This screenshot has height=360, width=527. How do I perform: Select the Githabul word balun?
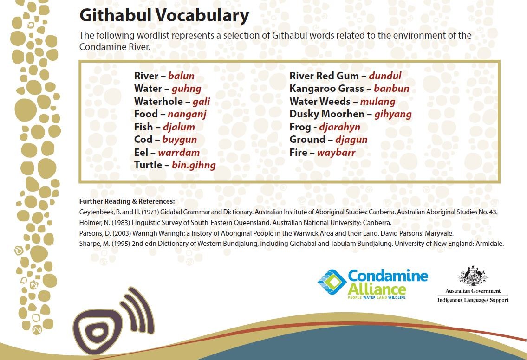pyautogui.click(x=181, y=76)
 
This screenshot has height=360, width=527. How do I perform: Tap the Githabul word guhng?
pyautogui.click(x=187, y=89)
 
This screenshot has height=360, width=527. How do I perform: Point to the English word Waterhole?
pyautogui.click(x=159, y=102)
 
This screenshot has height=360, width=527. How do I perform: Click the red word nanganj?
pyautogui.click(x=187, y=115)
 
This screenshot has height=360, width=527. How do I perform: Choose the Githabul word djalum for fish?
pyautogui.click(x=179, y=127)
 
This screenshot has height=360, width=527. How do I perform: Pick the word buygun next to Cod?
pyautogui.click(x=180, y=140)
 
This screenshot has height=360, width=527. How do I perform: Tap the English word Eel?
pyautogui.click(x=141, y=153)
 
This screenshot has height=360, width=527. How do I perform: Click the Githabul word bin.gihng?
pyautogui.click(x=194, y=165)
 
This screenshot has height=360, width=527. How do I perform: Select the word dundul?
pyautogui.click(x=385, y=76)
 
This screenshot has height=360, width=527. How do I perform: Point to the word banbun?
pyautogui.click(x=391, y=89)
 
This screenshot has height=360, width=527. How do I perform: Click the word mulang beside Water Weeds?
pyautogui.click(x=378, y=102)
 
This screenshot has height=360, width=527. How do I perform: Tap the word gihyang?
pyautogui.click(x=393, y=115)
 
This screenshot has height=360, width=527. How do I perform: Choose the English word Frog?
pyautogui.click(x=300, y=127)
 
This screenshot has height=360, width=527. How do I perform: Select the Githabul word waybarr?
pyautogui.click(x=336, y=153)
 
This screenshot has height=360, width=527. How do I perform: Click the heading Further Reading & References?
pyautogui.click(x=127, y=201)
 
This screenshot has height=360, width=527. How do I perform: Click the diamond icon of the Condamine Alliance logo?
pyautogui.click(x=332, y=282)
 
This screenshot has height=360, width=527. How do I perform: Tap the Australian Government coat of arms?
pyautogui.click(x=473, y=276)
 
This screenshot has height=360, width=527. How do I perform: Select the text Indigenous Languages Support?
pyautogui.click(x=473, y=300)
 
